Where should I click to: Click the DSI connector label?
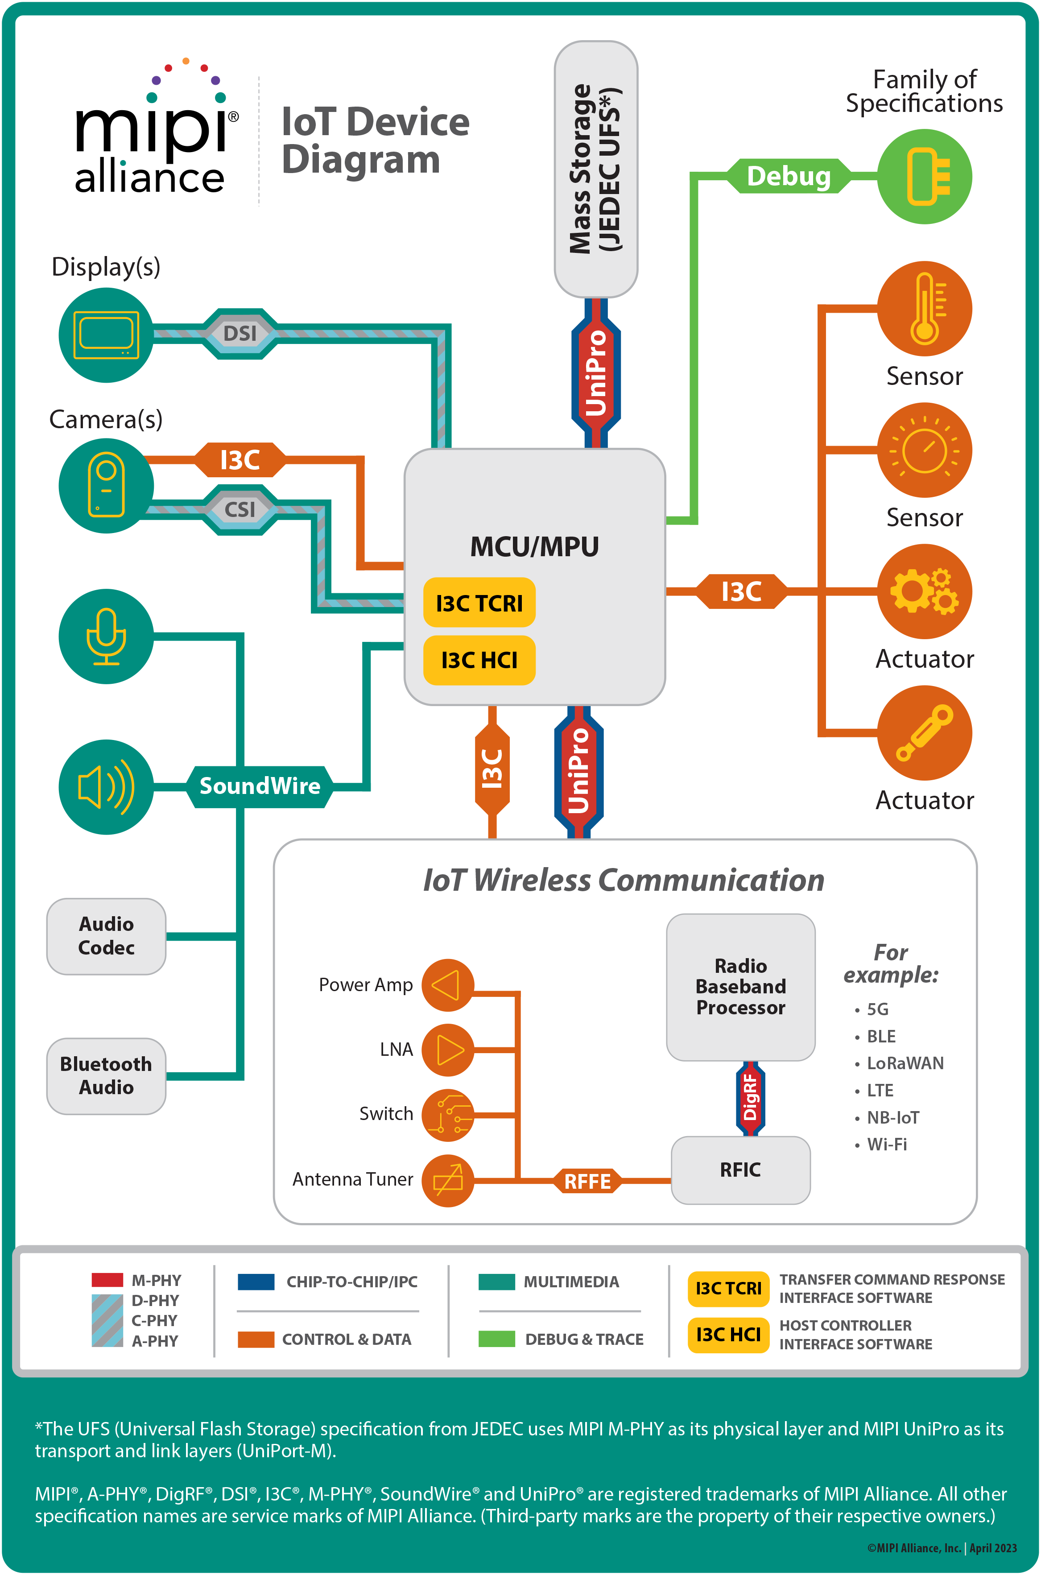pyautogui.click(x=240, y=333)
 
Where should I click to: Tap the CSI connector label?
pyautogui.click(x=240, y=509)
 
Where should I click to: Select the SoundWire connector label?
pyautogui.click(x=260, y=786)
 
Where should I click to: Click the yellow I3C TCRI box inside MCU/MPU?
pyautogui.click(x=479, y=603)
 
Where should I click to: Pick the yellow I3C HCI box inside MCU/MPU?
pyautogui.click(x=479, y=660)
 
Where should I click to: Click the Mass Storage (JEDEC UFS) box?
pyautogui.click(x=595, y=169)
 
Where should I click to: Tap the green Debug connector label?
pyautogui.click(x=788, y=176)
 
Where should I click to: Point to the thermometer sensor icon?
pyautogui.click(x=924, y=308)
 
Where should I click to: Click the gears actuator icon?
pyautogui.click(x=924, y=591)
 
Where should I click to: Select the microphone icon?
pyautogui.click(x=106, y=636)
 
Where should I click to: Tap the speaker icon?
pyautogui.click(x=106, y=787)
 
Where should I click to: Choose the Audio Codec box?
pyautogui.click(x=106, y=936)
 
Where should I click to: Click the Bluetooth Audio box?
pyautogui.click(x=106, y=1076)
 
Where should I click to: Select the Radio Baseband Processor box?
pyautogui.click(x=740, y=987)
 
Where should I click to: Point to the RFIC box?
pyautogui.click(x=740, y=1170)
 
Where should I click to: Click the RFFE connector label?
pyautogui.click(x=587, y=1181)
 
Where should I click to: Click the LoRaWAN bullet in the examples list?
pyautogui.click(x=904, y=1063)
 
